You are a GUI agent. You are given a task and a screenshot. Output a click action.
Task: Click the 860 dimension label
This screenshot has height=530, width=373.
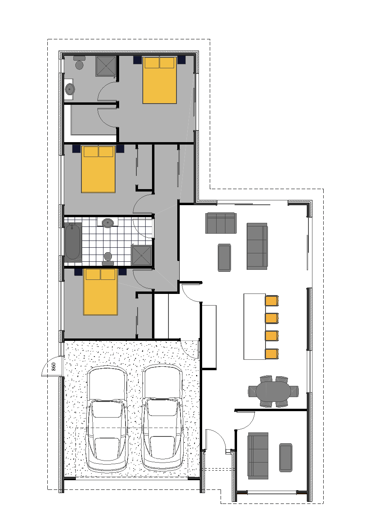[x=54, y=366]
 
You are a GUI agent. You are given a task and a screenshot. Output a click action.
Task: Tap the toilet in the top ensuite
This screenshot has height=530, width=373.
[x=79, y=63]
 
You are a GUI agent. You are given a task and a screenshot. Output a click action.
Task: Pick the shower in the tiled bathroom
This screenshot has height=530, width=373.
[x=142, y=255]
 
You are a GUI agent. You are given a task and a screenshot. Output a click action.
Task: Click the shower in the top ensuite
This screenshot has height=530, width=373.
[x=106, y=66]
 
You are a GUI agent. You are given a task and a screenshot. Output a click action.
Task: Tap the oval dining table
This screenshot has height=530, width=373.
[x=273, y=391]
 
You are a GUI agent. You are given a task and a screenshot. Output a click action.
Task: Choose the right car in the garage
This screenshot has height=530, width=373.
[x=162, y=418]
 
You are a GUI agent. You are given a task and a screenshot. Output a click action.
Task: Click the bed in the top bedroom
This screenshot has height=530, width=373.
[x=160, y=80]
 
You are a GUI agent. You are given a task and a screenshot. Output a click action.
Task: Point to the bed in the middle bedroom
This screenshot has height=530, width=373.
[x=98, y=169]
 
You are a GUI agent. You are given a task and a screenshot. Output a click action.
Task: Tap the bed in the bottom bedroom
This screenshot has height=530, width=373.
[x=100, y=292]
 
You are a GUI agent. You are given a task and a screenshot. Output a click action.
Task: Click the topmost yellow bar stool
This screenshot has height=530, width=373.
[x=272, y=301]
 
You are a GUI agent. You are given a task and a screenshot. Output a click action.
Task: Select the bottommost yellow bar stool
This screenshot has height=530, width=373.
[x=272, y=354]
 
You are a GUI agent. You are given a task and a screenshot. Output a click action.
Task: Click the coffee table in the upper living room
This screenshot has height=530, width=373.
[x=224, y=257]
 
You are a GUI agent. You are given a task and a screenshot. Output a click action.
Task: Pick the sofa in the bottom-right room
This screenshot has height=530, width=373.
[x=258, y=456]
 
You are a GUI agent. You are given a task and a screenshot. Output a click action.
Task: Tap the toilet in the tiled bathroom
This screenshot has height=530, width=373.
[x=107, y=258]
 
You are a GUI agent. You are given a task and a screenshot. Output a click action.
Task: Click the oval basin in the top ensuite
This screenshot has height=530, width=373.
[x=70, y=89]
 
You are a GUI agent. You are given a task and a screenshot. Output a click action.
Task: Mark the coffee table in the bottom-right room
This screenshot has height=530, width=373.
[x=286, y=458]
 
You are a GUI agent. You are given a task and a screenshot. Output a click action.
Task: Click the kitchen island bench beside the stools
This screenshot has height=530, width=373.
[x=254, y=326]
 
